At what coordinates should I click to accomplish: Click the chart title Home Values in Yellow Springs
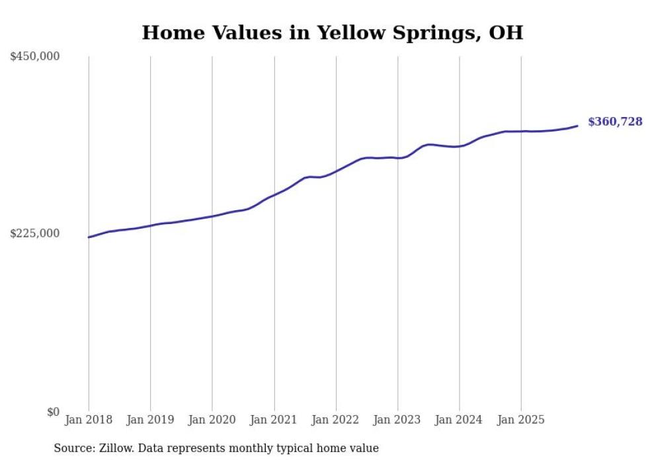tap(332, 32)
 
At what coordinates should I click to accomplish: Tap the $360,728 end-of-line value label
tap(615, 122)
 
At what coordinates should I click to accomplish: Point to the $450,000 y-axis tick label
tap(35, 57)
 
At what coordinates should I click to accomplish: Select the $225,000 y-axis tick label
tap(35, 233)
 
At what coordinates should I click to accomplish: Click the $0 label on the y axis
tap(53, 412)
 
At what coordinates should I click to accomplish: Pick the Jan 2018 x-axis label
tap(89, 420)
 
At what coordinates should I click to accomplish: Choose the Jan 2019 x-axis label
tap(150, 420)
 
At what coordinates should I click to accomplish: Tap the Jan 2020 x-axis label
tap(212, 420)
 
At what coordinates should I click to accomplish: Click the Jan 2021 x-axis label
tap(274, 420)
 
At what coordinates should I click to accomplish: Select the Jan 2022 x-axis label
tap(336, 420)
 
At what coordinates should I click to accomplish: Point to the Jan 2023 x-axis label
tap(397, 420)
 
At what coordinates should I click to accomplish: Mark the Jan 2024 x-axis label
tap(460, 420)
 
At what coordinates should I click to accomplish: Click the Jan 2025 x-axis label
tap(521, 420)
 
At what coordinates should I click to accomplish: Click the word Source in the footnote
tap(71, 448)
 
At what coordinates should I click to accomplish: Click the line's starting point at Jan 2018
tap(89, 237)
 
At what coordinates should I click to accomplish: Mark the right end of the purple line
tap(577, 126)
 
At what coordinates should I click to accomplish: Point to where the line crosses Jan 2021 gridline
tap(274, 195)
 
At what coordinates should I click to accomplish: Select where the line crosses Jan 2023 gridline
tap(397, 158)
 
